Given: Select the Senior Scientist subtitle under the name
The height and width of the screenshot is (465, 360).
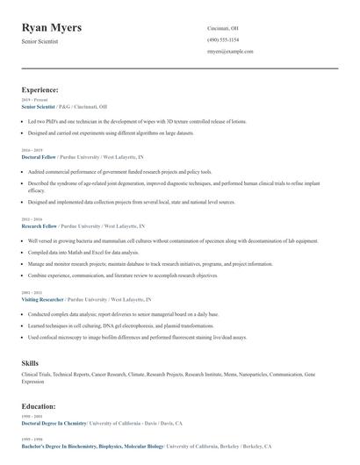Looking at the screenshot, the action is pyautogui.click(x=40, y=41).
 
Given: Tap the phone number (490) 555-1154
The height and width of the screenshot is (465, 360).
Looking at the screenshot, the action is pyautogui.click(x=223, y=40).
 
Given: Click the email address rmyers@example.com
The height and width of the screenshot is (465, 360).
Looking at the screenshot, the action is pyautogui.click(x=230, y=53).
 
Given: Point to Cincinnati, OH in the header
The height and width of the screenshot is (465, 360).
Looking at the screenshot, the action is pyautogui.click(x=223, y=28).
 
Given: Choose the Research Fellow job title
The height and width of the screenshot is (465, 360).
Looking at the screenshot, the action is pyautogui.click(x=39, y=225).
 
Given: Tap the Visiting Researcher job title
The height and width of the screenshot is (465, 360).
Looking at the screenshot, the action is pyautogui.click(x=43, y=299).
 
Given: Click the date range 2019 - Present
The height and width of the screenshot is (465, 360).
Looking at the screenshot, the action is pyautogui.click(x=34, y=100).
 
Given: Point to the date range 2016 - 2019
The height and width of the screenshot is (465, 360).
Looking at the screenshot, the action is pyautogui.click(x=31, y=150).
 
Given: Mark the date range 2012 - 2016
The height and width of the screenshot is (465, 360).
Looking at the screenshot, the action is pyautogui.click(x=31, y=219).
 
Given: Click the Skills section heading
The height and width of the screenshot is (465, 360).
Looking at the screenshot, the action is pyautogui.click(x=30, y=362).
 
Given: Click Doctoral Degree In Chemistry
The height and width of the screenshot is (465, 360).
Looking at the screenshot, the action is pyautogui.click(x=60, y=423).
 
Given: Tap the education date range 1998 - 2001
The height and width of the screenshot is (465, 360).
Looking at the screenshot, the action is pyautogui.click(x=31, y=417).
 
